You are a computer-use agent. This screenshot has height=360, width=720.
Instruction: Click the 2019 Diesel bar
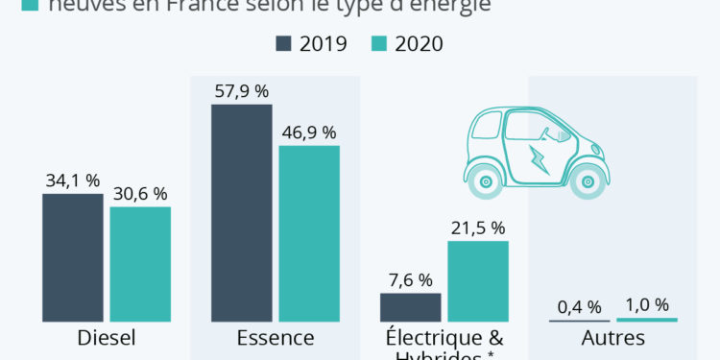click(72, 257)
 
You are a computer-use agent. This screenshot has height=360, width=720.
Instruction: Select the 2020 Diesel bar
click(140, 264)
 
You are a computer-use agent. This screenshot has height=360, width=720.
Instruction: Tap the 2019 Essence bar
click(242, 212)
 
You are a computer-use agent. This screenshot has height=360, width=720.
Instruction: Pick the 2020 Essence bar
click(309, 233)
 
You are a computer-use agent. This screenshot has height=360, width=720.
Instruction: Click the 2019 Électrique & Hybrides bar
click(411, 307)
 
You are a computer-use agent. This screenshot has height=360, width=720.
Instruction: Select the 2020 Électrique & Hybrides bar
click(478, 280)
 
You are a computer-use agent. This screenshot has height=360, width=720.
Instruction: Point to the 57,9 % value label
click(242, 91)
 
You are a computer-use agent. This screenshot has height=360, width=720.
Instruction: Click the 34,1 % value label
click(72, 180)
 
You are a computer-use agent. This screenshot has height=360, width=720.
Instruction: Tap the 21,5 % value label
click(477, 228)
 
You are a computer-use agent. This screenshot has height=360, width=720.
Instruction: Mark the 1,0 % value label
click(648, 305)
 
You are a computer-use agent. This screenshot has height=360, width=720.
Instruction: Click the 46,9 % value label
click(309, 132)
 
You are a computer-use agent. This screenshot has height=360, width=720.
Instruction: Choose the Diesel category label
click(107, 338)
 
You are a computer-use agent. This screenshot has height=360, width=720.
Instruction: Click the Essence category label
click(276, 338)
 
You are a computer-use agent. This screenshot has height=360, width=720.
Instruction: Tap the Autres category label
click(613, 338)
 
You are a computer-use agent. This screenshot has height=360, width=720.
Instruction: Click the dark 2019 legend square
click(283, 44)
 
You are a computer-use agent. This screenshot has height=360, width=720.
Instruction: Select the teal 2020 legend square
click(371, 44)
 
